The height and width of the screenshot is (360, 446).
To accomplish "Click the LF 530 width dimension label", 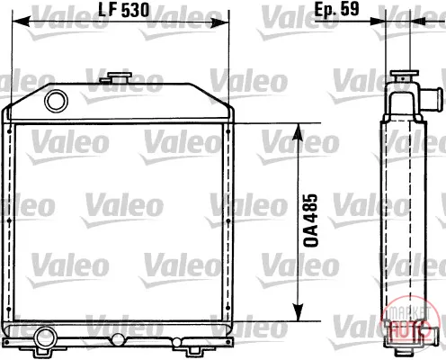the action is click(x=124, y=11).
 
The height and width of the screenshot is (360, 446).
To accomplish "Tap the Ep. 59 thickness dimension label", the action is click(x=336, y=9).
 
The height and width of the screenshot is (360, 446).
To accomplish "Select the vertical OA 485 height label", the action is click(x=310, y=220).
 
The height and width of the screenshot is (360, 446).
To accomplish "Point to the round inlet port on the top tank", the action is click(x=56, y=101).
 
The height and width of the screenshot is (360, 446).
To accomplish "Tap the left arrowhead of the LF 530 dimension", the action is click(x=21, y=22).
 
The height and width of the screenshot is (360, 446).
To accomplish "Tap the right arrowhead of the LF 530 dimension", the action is click(x=220, y=22).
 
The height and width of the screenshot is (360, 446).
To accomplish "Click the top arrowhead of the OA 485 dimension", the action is click(x=298, y=132).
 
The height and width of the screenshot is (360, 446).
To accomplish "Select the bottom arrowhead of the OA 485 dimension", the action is click(x=298, y=312).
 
